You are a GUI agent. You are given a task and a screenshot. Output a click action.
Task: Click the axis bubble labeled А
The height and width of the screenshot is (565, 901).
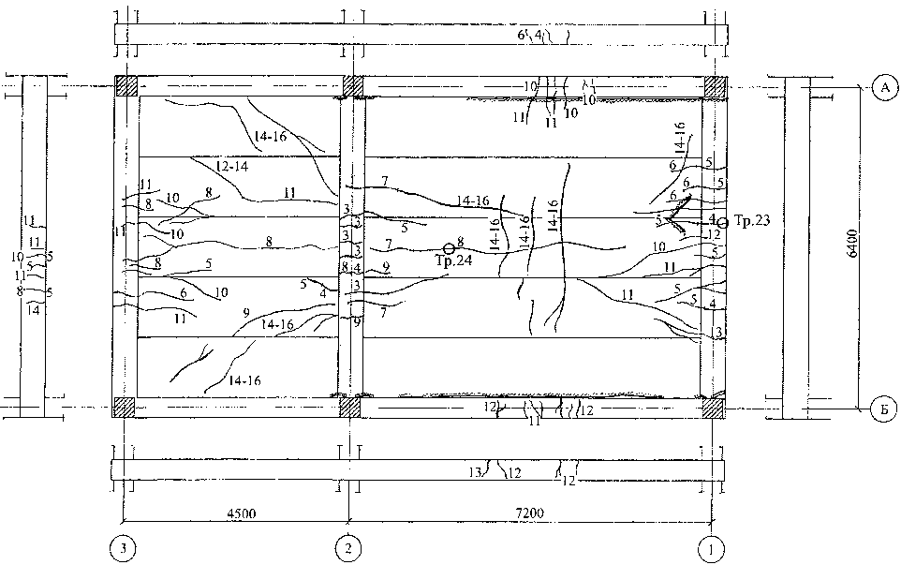pyautogui.click(x=882, y=87)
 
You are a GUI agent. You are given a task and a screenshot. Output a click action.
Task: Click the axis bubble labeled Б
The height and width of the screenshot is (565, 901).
pyautogui.click(x=882, y=409)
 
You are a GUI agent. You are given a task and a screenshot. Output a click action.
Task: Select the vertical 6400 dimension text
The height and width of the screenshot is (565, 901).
pyautogui.click(x=850, y=246)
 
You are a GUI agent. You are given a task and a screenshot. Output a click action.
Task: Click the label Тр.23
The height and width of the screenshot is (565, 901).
pyautogui.click(x=746, y=217)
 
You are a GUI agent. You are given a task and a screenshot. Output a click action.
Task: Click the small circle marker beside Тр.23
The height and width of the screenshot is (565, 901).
pyautogui.click(x=722, y=222)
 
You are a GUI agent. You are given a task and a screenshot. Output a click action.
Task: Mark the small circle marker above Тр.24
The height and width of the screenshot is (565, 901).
pyautogui.click(x=449, y=248)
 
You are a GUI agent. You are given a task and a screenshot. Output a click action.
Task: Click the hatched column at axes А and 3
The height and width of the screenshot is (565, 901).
pyautogui.click(x=126, y=86)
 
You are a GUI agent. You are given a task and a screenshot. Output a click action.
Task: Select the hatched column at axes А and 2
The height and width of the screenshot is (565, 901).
pyautogui.click(x=352, y=86)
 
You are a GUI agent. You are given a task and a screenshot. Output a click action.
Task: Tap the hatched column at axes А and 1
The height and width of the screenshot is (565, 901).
pyautogui.click(x=715, y=86)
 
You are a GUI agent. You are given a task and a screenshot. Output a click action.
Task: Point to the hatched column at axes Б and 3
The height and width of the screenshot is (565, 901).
pyautogui.click(x=125, y=407)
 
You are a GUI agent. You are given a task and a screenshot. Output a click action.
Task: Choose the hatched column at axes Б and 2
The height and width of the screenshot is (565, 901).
pyautogui.click(x=349, y=407)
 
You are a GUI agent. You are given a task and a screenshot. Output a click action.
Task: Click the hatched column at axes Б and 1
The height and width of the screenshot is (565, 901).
pyautogui.click(x=715, y=407)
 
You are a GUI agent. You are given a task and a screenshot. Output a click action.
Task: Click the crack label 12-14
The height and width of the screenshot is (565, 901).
pyautogui.click(x=230, y=166)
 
